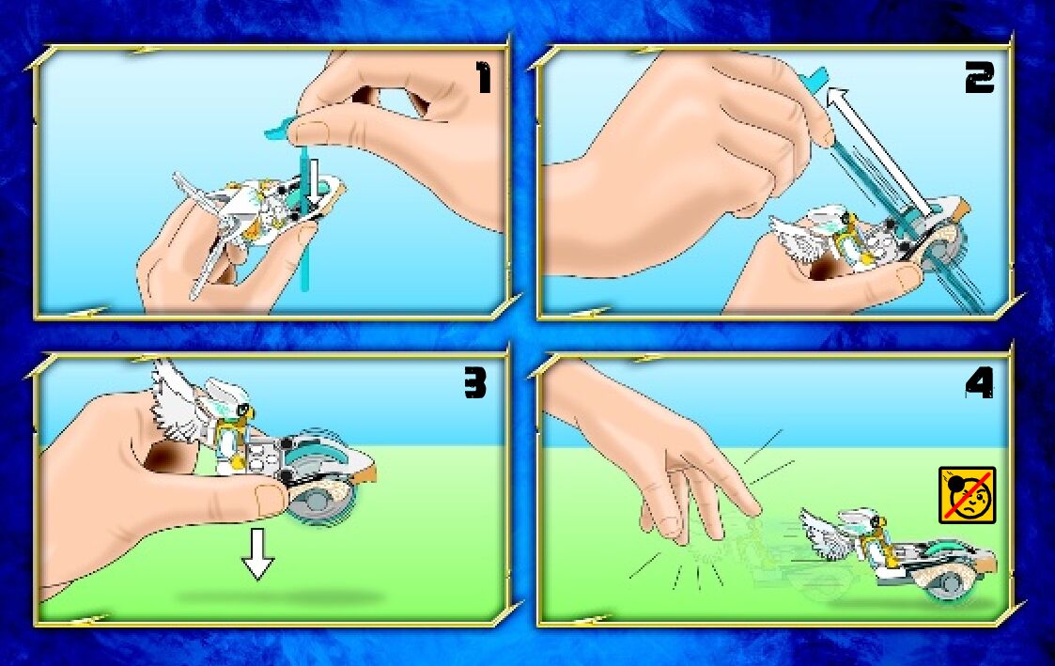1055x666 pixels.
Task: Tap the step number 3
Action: (x=475, y=383)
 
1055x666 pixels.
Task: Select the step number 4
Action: (x=979, y=383)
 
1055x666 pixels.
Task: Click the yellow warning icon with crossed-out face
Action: (x=967, y=495)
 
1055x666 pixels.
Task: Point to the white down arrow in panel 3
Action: (x=257, y=553)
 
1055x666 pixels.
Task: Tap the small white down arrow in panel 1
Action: (x=312, y=181)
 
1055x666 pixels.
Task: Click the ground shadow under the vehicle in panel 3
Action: (x=279, y=597)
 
